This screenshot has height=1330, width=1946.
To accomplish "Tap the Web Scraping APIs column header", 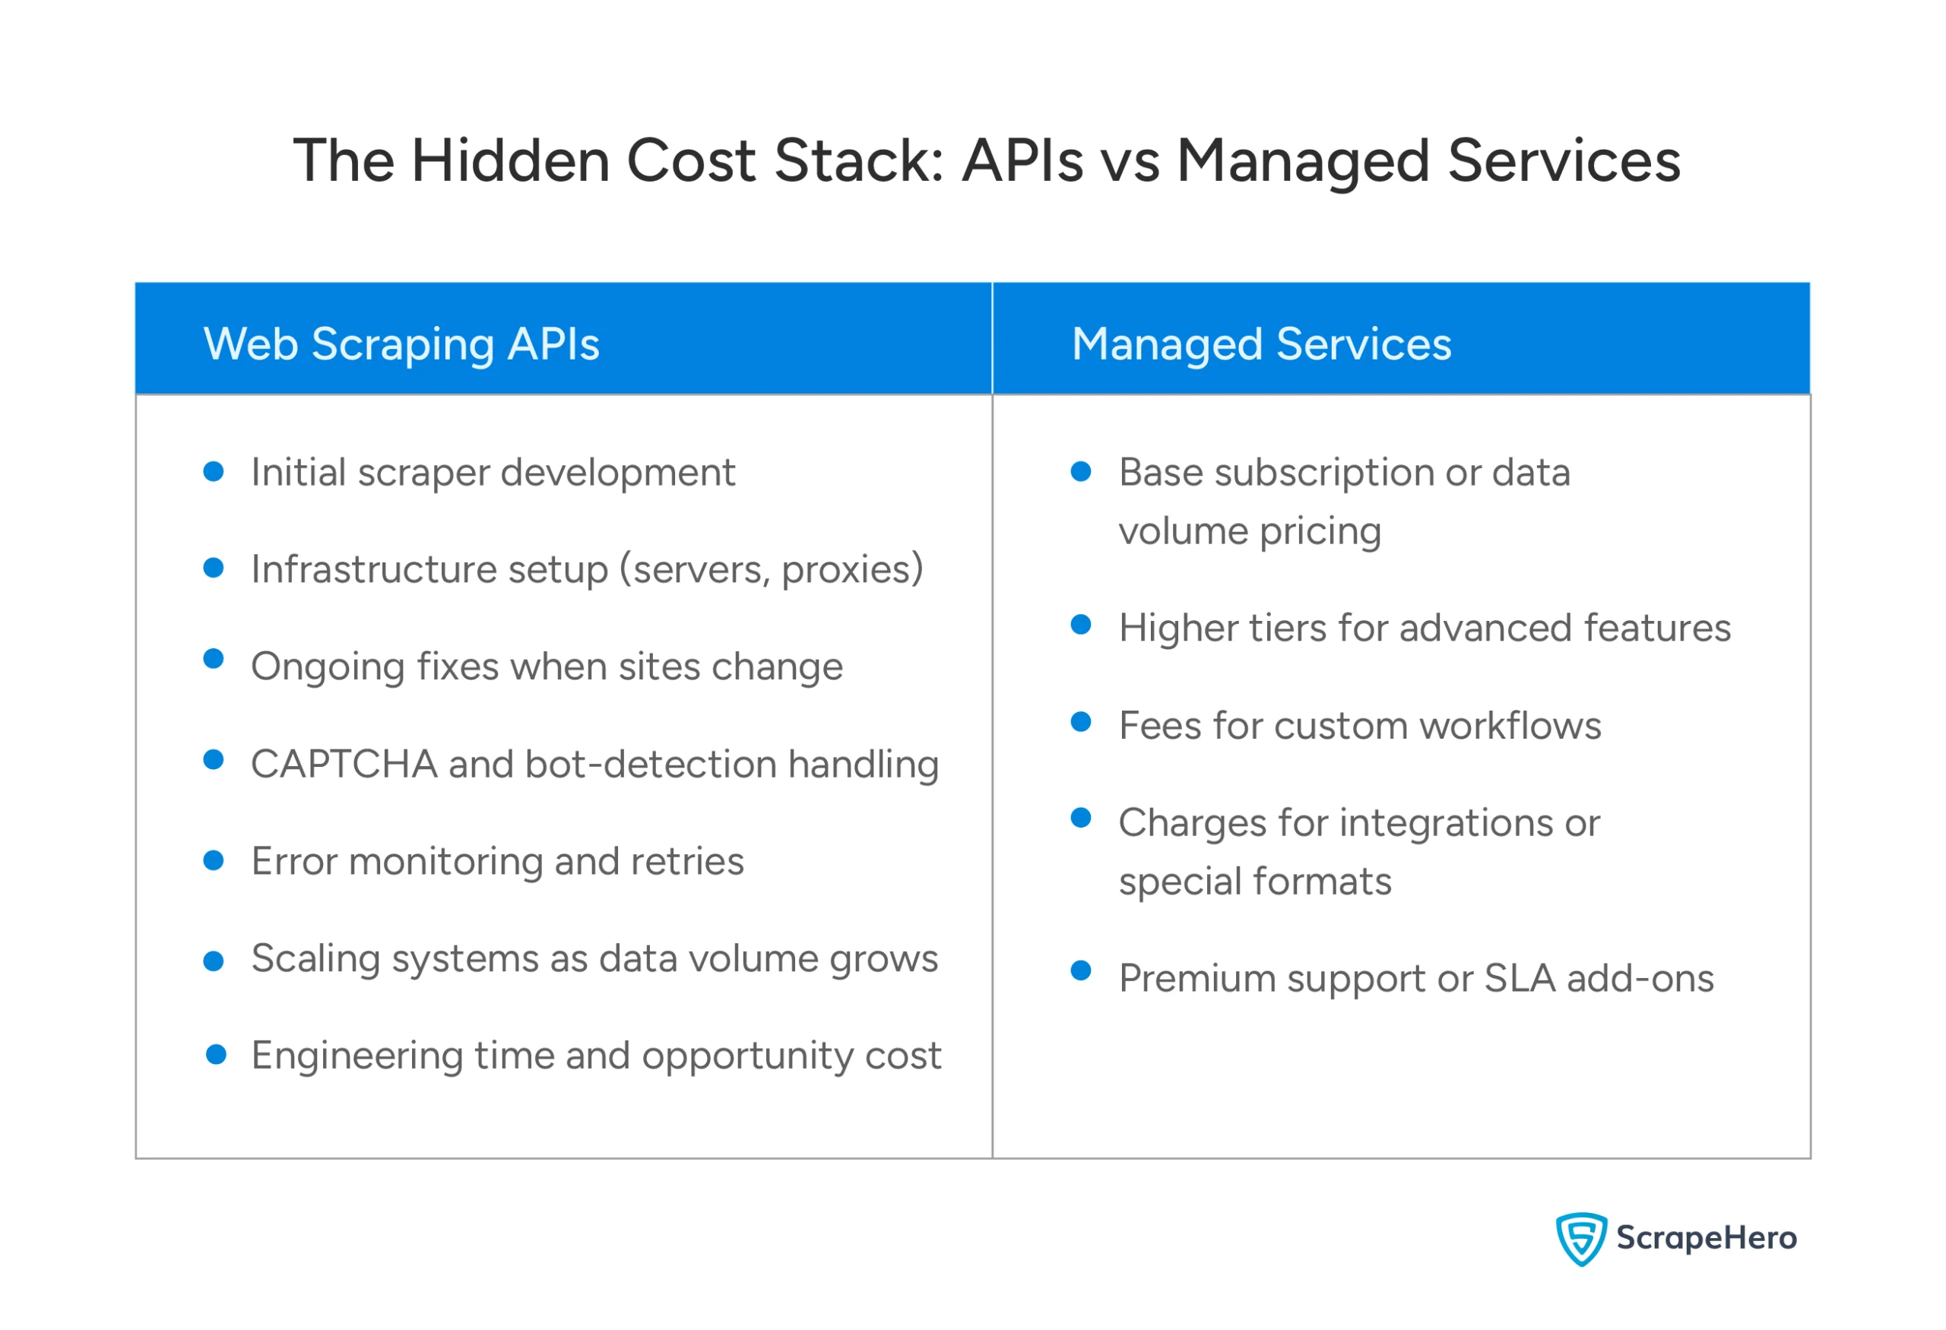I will (x=401, y=345).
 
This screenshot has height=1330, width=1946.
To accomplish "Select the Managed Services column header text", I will (x=1261, y=345).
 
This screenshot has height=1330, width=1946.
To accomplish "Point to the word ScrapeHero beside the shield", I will (x=1706, y=1238).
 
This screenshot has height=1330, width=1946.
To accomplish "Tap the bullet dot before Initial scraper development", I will (x=214, y=471).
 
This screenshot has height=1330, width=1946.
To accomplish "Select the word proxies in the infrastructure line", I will (x=851, y=570).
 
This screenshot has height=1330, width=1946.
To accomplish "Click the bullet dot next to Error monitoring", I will (x=214, y=860).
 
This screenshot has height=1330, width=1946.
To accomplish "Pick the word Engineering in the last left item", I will (x=357, y=1056).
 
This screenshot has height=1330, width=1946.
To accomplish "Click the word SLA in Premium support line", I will (x=1519, y=978).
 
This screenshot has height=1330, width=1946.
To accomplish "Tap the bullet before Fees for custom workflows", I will (x=1081, y=721).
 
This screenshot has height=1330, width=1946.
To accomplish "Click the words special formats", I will (x=1254, y=882).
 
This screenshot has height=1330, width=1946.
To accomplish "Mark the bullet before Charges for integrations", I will (x=1081, y=818).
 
